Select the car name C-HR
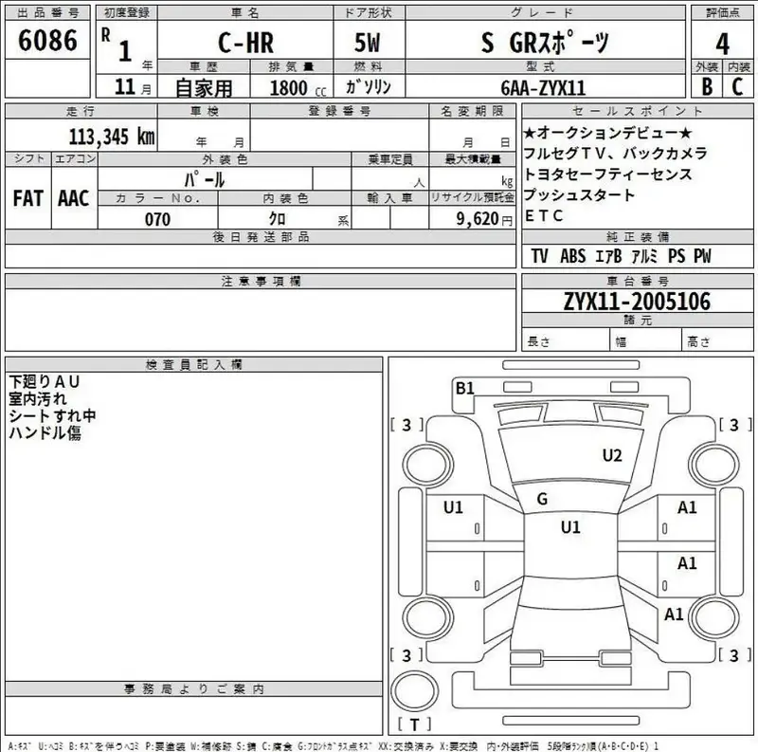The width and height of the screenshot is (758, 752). (242, 44)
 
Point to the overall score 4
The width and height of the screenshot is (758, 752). (723, 45)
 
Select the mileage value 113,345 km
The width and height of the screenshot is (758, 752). (111, 136)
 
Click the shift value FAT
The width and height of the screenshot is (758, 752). (27, 198)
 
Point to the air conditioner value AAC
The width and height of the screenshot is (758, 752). (73, 198)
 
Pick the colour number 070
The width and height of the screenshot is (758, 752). (157, 219)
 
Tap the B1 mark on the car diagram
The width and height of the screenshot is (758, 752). (464, 387)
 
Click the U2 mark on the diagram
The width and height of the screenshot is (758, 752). (612, 455)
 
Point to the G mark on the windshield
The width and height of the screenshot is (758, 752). (542, 500)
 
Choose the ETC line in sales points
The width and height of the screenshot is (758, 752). (544, 216)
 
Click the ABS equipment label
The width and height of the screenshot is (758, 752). (572, 256)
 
